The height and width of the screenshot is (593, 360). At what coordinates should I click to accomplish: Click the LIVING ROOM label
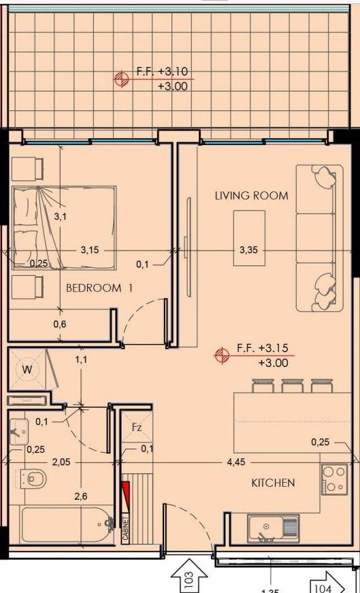[x=251, y=195]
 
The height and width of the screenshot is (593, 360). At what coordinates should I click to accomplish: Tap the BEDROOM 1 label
[x=99, y=288]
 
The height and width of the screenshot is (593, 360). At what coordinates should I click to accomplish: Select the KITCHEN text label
[x=273, y=483]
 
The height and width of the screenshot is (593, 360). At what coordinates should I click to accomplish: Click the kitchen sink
[x=272, y=527]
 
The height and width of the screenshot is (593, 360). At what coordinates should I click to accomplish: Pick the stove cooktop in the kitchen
[x=333, y=479]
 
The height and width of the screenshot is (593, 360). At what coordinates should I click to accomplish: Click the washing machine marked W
[x=28, y=370]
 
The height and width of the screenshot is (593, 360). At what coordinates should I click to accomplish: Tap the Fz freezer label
[x=137, y=428]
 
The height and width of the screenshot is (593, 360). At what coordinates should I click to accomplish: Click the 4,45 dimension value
[x=236, y=462]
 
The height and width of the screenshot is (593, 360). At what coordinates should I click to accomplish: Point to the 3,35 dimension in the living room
[x=248, y=250]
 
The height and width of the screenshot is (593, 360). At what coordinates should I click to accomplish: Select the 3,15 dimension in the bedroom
[x=89, y=250]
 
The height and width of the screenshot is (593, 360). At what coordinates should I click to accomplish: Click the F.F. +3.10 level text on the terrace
[x=163, y=71]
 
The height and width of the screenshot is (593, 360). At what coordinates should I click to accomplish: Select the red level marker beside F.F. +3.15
[x=220, y=354]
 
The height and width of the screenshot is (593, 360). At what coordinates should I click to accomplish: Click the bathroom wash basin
[x=18, y=431]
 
